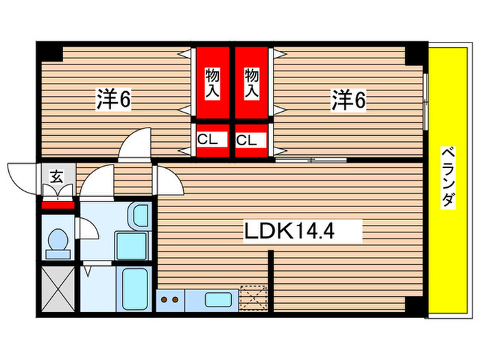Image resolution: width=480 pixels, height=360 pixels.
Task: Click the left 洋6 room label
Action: pyautogui.click(x=114, y=100)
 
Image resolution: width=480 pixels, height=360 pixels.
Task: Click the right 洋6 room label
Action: pyautogui.click(x=350, y=100)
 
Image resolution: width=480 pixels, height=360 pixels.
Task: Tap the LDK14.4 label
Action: pyautogui.click(x=289, y=231)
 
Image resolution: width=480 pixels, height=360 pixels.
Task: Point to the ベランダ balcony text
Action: pyautogui.click(x=446, y=177)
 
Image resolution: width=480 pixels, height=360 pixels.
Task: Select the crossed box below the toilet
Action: pyautogui.click(x=56, y=287)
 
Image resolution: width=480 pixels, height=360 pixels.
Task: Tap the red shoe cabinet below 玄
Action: pyautogui.click(x=58, y=204)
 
